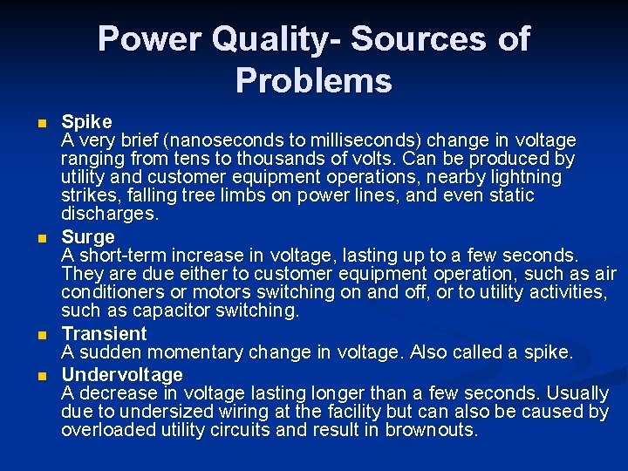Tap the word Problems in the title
pyautogui.click(x=313, y=81)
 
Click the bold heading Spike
pyautogui.click(x=85, y=121)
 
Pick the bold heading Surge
pyautogui.click(x=88, y=237)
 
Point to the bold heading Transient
pyautogui.click(x=104, y=334)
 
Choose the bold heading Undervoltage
pyautogui.click(x=122, y=375)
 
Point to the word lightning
pyautogui.click(x=522, y=177)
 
